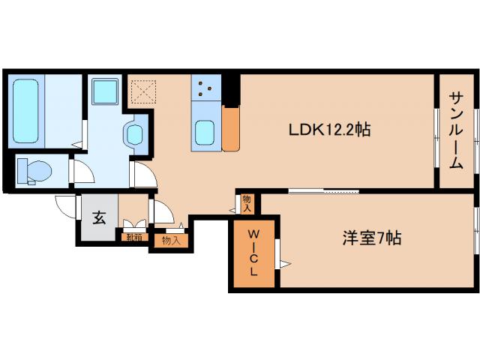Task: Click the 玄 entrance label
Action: [x=99, y=217]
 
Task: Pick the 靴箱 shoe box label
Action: [x=133, y=237]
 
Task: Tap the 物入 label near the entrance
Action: [x=171, y=240]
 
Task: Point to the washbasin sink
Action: [x=135, y=136]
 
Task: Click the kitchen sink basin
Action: [x=205, y=133]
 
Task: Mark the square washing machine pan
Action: [x=103, y=93]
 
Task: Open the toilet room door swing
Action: [x=82, y=173]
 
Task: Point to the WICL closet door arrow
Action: [x=284, y=262]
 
